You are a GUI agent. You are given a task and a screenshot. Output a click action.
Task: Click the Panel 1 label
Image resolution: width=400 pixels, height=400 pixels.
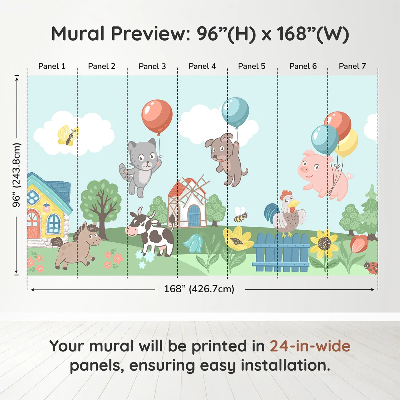tap(52, 66)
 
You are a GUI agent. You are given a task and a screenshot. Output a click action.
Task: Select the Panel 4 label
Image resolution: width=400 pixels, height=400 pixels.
tap(202, 66)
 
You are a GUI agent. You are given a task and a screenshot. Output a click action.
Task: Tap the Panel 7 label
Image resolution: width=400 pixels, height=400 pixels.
tap(352, 66)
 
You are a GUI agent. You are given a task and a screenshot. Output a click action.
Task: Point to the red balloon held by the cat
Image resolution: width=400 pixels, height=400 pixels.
tap(157, 116)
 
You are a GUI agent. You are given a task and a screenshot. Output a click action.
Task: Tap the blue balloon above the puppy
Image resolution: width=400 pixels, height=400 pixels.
tap(235, 112)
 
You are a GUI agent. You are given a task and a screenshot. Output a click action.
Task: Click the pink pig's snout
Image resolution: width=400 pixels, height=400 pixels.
tap(304, 170)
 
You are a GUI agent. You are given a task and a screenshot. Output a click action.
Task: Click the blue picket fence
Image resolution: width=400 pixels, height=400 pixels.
tap(281, 253)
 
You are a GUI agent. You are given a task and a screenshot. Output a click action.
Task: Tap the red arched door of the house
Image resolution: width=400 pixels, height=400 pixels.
tap(34, 224)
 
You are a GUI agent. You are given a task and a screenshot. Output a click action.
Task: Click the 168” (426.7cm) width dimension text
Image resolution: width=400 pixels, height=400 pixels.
tap(199, 289)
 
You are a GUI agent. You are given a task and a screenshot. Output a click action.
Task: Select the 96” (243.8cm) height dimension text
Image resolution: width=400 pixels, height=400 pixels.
tap(17, 175)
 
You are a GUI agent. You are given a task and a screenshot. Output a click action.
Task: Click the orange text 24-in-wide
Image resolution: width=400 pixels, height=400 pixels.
tap(310, 346)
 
